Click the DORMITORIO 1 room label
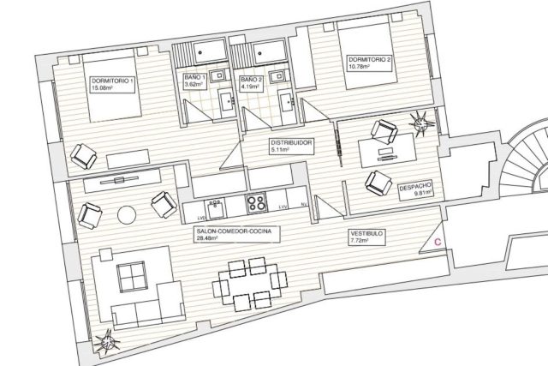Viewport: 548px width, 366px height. (x=112, y=84)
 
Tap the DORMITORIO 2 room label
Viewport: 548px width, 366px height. (x=369, y=63)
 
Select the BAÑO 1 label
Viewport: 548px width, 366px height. (x=194, y=81)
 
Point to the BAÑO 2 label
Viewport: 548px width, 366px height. (x=251, y=83)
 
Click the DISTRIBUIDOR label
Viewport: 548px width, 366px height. (x=291, y=147)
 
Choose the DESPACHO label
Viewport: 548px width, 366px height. (x=416, y=190)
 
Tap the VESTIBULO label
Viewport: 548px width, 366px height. (x=366, y=237)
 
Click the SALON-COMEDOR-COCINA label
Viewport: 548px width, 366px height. (x=237, y=234)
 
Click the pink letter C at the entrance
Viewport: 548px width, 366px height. (x=438, y=242)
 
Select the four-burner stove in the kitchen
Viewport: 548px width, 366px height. (x=257, y=202)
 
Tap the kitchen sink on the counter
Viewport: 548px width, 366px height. (x=214, y=208)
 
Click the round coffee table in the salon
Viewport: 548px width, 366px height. (x=127, y=215)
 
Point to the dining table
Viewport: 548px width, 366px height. (x=249, y=283)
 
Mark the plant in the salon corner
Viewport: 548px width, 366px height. (x=106, y=340)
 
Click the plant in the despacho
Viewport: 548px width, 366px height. (x=422, y=123)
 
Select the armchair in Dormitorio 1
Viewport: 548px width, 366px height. (x=84, y=156)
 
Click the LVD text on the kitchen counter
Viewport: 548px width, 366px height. (x=201, y=218)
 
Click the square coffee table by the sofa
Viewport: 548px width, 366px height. (x=132, y=277)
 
